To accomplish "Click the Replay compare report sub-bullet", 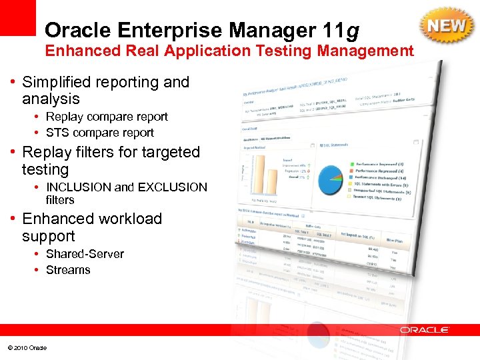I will [107, 117].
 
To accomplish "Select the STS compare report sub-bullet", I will [99, 133].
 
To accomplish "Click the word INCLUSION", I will [79, 187].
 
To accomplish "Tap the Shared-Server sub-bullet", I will [85, 254].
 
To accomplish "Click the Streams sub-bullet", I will [68, 270].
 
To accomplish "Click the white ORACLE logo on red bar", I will [425, 329].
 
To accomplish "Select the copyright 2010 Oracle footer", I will [27, 347].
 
